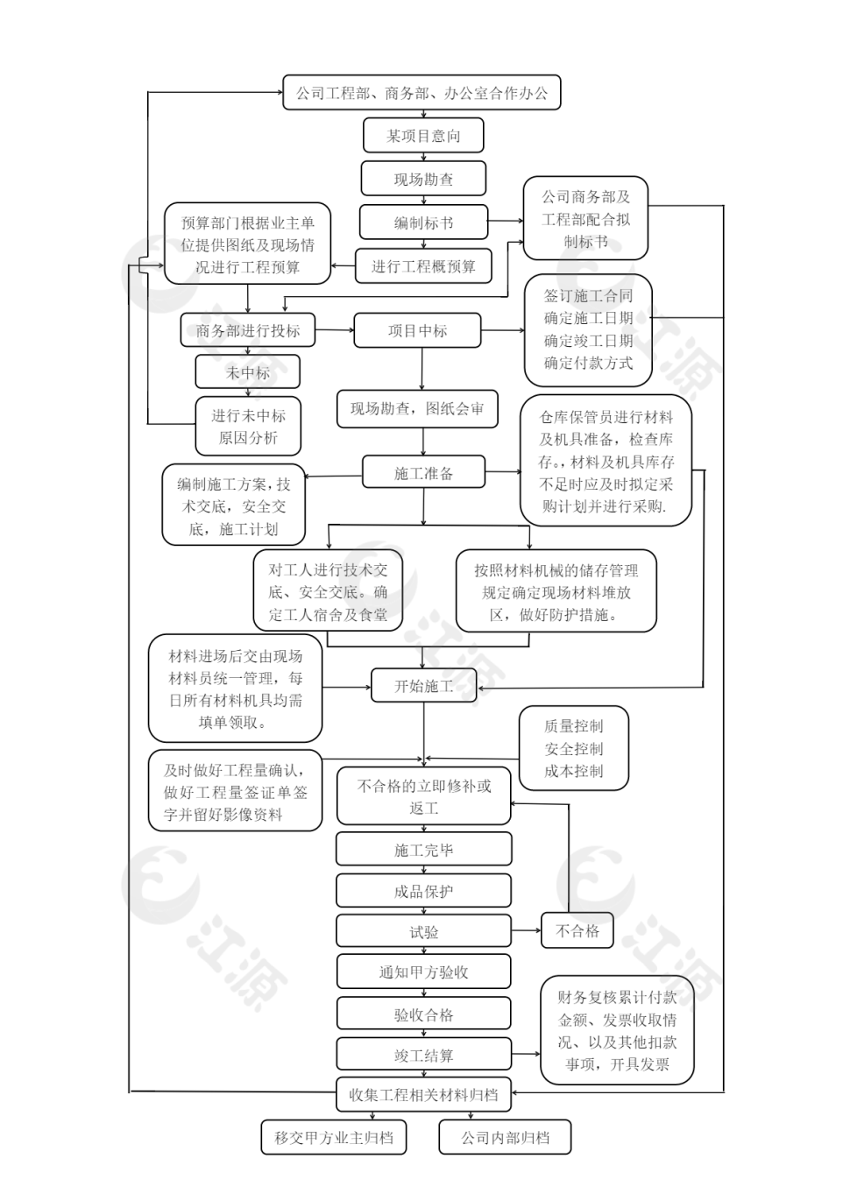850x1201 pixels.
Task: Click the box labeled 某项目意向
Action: [423, 136]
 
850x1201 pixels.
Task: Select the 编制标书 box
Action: [423, 223]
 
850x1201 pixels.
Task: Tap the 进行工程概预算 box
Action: [423, 266]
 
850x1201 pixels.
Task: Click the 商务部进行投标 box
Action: [248, 330]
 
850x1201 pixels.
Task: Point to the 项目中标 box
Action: [418, 330]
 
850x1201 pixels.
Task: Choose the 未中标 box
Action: [248, 372]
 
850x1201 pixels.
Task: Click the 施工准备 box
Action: [423, 473]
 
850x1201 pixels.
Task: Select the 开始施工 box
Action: [423, 686]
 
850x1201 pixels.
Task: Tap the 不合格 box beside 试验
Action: [577, 930]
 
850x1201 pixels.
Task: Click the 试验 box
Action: [423, 931]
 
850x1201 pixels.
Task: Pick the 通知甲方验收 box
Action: [423, 971]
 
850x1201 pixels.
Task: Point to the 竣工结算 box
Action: [423, 1055]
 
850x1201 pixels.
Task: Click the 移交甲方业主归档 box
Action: [334, 1138]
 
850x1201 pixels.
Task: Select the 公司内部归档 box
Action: [506, 1138]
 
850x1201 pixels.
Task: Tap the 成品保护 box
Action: [423, 891]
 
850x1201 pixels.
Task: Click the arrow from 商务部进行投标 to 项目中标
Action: [334, 330]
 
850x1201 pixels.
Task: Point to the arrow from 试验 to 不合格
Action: [526, 930]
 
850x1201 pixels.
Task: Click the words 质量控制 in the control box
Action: [574, 726]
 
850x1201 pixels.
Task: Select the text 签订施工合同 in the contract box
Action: [588, 296]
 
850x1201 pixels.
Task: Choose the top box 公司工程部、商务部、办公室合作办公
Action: [421, 93]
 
